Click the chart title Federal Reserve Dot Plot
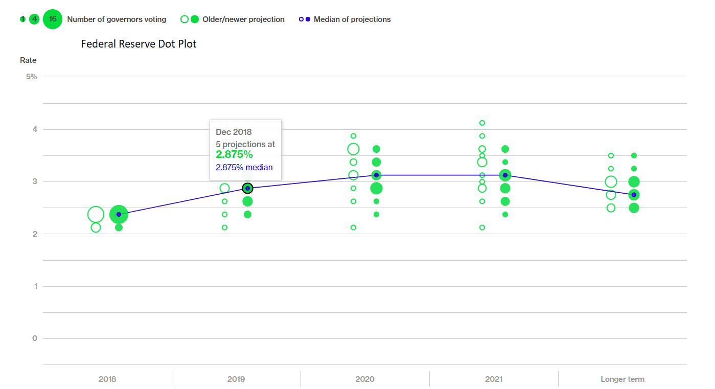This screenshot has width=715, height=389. point(139,44)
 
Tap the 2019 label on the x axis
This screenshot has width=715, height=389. point(236,379)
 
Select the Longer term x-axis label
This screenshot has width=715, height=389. point(622,379)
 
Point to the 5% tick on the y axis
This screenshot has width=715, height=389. point(32,77)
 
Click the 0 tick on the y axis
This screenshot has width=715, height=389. point(35,338)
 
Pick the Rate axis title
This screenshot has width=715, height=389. point(28,60)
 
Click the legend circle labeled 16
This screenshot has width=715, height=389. point(53,19)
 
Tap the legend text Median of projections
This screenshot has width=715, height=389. point(352,19)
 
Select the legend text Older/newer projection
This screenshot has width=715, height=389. point(244,19)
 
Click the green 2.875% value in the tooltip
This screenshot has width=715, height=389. point(234,154)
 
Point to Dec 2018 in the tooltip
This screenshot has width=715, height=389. point(234,132)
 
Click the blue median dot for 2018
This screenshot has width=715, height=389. point(119,214)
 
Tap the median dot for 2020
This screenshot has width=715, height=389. point(376,175)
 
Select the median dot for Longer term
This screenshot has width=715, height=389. point(634,195)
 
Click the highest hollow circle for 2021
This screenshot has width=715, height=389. point(482,123)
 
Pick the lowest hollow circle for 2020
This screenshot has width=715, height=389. point(353,227)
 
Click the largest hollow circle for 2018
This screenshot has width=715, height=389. point(96,214)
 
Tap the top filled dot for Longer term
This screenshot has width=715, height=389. point(634,155)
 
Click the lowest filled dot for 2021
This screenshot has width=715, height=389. point(505,215)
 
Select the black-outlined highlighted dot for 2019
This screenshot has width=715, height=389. point(247,188)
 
